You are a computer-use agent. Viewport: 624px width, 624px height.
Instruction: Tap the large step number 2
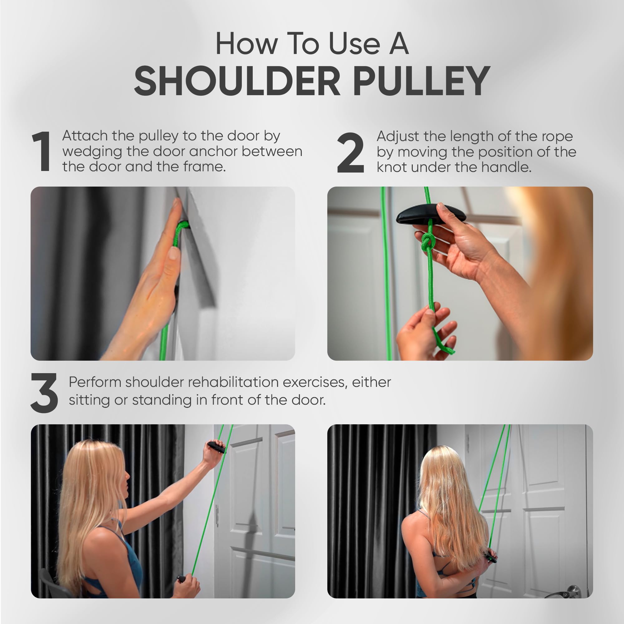tap(350, 153)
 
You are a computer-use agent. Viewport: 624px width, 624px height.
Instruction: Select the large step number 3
tap(44, 393)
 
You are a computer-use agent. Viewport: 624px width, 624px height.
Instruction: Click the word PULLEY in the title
tap(422, 81)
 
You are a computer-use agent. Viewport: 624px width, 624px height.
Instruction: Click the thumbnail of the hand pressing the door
tap(163, 273)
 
